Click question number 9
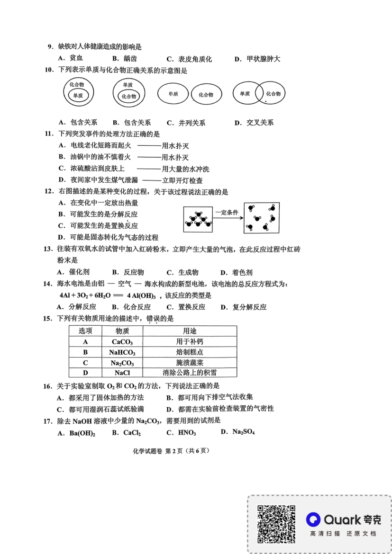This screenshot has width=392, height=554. pos(50,46)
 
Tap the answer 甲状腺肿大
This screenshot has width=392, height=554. pos(263,59)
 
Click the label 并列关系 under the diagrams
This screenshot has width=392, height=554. pos(191,123)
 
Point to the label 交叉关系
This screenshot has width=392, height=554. pos(260,123)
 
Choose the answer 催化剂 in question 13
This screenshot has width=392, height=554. pos(79,272)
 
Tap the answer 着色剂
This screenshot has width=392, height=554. pos(242,272)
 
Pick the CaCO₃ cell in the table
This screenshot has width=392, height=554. pos(122,341)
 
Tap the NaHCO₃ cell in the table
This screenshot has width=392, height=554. pos(122,352)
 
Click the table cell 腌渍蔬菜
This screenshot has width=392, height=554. pos(190,363)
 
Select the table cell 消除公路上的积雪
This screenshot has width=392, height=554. pos(190,373)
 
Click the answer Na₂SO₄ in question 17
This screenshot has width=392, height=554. pos(244,432)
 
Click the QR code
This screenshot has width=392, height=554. pos(276,524)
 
